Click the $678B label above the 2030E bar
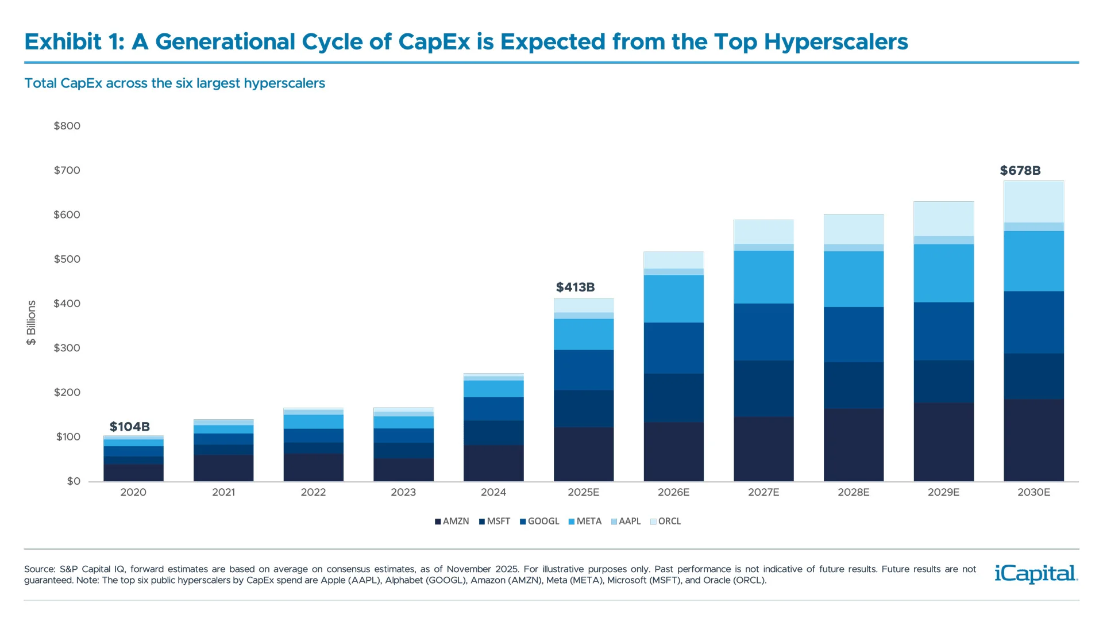click(x=1020, y=171)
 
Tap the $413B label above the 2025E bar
click(x=575, y=287)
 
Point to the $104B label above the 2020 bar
click(x=130, y=427)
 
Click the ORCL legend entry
click(x=666, y=521)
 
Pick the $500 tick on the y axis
click(x=67, y=259)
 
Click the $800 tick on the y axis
click(x=67, y=126)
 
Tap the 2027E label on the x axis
click(x=763, y=492)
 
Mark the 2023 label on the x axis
click(x=403, y=492)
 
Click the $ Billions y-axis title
click(x=32, y=323)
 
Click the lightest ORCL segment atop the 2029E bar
click(x=943, y=218)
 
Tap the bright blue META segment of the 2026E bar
click(x=673, y=298)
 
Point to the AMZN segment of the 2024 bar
click(x=493, y=463)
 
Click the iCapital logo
click(x=1036, y=574)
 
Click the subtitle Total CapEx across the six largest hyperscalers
click(x=175, y=83)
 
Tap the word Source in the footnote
click(x=39, y=569)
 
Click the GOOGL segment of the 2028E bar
click(x=854, y=334)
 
